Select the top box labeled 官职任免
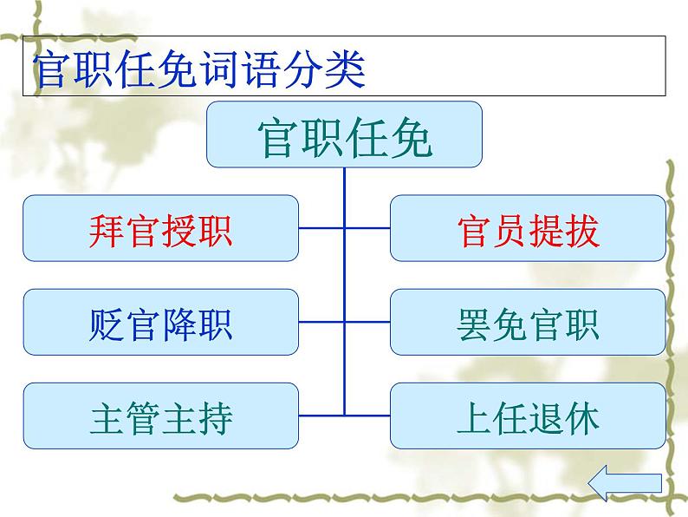pyautogui.click(x=344, y=134)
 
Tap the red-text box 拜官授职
pyautogui.click(x=160, y=228)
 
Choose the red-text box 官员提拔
pyautogui.click(x=528, y=228)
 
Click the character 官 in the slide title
pyautogui.click(x=52, y=69)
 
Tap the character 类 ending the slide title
pyautogui.click(x=343, y=69)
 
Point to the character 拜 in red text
pyautogui.click(x=107, y=229)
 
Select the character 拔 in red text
pyautogui.click(x=581, y=229)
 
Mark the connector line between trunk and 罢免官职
pyautogui.click(x=367, y=323)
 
